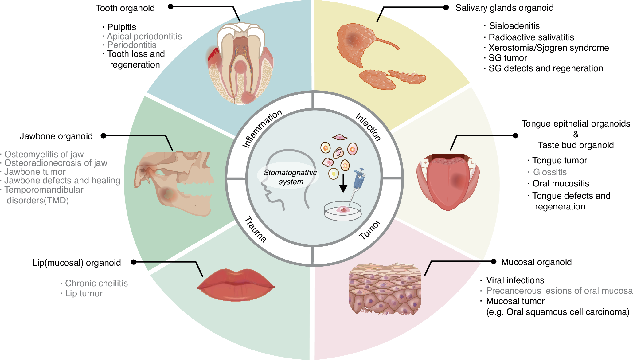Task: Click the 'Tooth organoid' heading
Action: [125, 8]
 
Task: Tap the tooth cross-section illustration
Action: [240, 63]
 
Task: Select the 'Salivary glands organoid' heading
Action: [504, 8]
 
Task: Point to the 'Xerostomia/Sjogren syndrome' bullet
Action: [549, 48]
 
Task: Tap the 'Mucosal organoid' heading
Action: [536, 262]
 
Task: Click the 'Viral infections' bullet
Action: [515, 280]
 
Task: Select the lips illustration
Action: [236, 285]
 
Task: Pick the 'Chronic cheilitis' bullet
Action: [96, 283]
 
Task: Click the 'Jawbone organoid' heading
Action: [56, 136]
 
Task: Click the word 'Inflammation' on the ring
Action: [262, 128]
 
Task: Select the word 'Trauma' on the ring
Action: [256, 229]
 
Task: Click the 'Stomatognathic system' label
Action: [290, 177]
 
